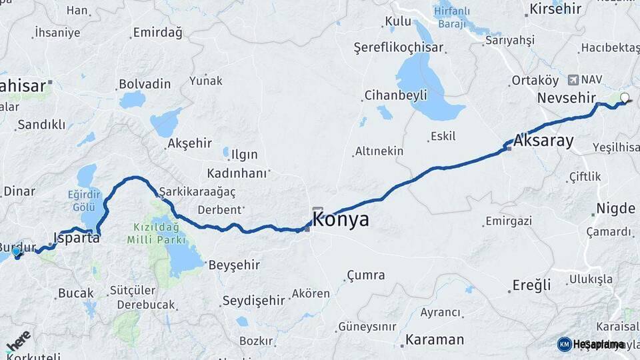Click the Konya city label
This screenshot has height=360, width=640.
(x=341, y=220)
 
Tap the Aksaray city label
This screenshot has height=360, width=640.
(x=543, y=141)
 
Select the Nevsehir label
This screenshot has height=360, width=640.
(x=565, y=98)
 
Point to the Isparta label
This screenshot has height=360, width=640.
(x=76, y=238)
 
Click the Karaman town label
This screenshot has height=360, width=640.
(x=435, y=339)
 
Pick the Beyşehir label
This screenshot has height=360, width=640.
(x=234, y=265)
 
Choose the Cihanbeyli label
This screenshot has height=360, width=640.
(x=395, y=95)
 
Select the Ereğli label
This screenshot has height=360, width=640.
(x=531, y=285)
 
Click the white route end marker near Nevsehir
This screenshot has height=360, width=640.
(x=625, y=98)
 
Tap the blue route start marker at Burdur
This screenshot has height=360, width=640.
(x=17, y=252)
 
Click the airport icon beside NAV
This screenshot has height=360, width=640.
(x=573, y=80)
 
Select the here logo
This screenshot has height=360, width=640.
(x=18, y=341)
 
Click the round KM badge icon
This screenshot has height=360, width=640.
(x=564, y=344)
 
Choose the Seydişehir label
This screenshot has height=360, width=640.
(x=253, y=301)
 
